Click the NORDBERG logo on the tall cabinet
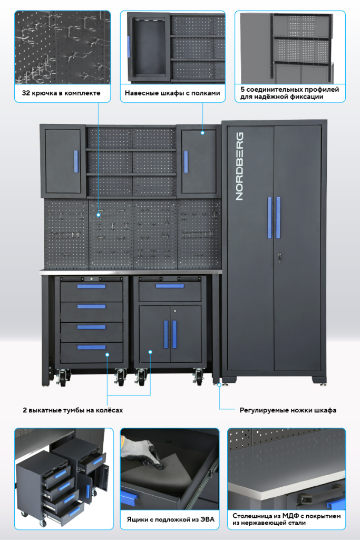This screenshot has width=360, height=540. click(x=239, y=166)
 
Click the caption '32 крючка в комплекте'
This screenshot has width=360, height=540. click(x=61, y=93)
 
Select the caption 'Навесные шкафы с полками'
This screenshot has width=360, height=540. click(x=172, y=93)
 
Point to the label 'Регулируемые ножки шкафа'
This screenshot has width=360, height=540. click(x=288, y=410)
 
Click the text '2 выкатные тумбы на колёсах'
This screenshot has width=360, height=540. click(x=73, y=410)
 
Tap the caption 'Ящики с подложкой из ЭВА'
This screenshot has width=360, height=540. click(x=170, y=519)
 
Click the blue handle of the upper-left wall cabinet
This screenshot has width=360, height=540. click(x=76, y=161)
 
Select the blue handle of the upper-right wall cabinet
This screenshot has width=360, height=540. click(x=186, y=161)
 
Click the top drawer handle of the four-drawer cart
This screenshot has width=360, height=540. click(x=91, y=286)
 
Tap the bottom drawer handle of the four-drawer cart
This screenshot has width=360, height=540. click(x=91, y=347)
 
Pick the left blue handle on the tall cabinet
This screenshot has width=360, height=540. click(x=269, y=218)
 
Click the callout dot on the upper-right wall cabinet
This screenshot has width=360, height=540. click(x=202, y=132)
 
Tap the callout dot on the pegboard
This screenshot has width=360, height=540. click(x=99, y=215)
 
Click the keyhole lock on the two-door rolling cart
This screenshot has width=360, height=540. click(x=175, y=311)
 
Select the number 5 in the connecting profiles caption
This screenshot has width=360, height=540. click(x=242, y=90)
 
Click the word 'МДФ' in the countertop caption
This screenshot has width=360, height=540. click(x=289, y=516)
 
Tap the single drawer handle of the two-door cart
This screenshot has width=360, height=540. click(x=170, y=286)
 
